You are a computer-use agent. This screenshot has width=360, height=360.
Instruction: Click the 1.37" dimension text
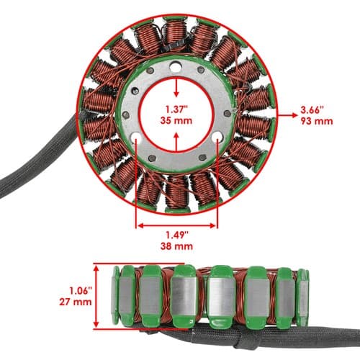pyautogui.click(x=176, y=109)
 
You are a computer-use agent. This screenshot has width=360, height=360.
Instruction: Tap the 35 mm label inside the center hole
pyautogui.click(x=176, y=120)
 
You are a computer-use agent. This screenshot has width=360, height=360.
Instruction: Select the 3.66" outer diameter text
pyautogui.click(x=312, y=110)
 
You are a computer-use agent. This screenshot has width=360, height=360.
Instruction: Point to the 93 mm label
pyautogui.click(x=317, y=121)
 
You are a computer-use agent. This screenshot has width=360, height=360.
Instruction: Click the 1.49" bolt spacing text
pyautogui.click(x=177, y=235)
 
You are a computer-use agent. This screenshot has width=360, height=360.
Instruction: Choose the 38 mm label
pyautogui.click(x=176, y=246)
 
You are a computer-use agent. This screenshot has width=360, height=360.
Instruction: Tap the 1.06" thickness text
pyautogui.click(x=81, y=291)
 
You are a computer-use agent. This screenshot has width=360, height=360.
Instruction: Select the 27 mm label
pyautogui.click(x=76, y=302)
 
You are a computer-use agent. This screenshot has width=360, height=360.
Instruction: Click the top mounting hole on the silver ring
pyautogui.click(x=175, y=67)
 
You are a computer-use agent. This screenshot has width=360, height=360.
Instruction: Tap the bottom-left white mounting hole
pyautogui.click(x=136, y=138)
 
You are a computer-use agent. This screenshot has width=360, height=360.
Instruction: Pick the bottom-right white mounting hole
pyautogui.click(x=217, y=137)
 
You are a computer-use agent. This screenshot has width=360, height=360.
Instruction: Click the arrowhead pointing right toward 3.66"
pyautogui.click(x=294, y=115)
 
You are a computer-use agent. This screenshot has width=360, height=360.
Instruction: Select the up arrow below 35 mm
pyautogui.click(x=176, y=142)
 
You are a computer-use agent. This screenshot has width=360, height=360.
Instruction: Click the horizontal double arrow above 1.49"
pyautogui.click(x=177, y=225)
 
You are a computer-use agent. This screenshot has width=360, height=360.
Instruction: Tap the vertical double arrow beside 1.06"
pyautogui.click(x=96, y=297)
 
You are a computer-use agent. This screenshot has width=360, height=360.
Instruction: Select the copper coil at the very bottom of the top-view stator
pyautogui.click(x=177, y=192)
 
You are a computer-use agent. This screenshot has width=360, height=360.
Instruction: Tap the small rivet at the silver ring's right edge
pyautogui.click(x=228, y=114)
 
